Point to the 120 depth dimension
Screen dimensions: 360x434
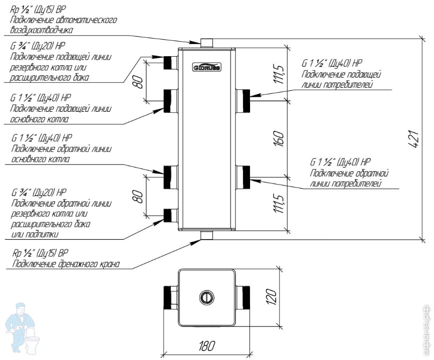pyautogui.click(x=272, y=297)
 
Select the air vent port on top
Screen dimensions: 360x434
pyautogui.click(x=206, y=42)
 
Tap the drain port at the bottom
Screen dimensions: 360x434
pyautogui.click(x=206, y=235)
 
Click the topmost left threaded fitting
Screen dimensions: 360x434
pyautogui.click(x=170, y=62)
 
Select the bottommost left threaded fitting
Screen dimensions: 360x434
pyautogui.click(x=170, y=216)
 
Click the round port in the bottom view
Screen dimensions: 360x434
pyautogui.click(x=206, y=297)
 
